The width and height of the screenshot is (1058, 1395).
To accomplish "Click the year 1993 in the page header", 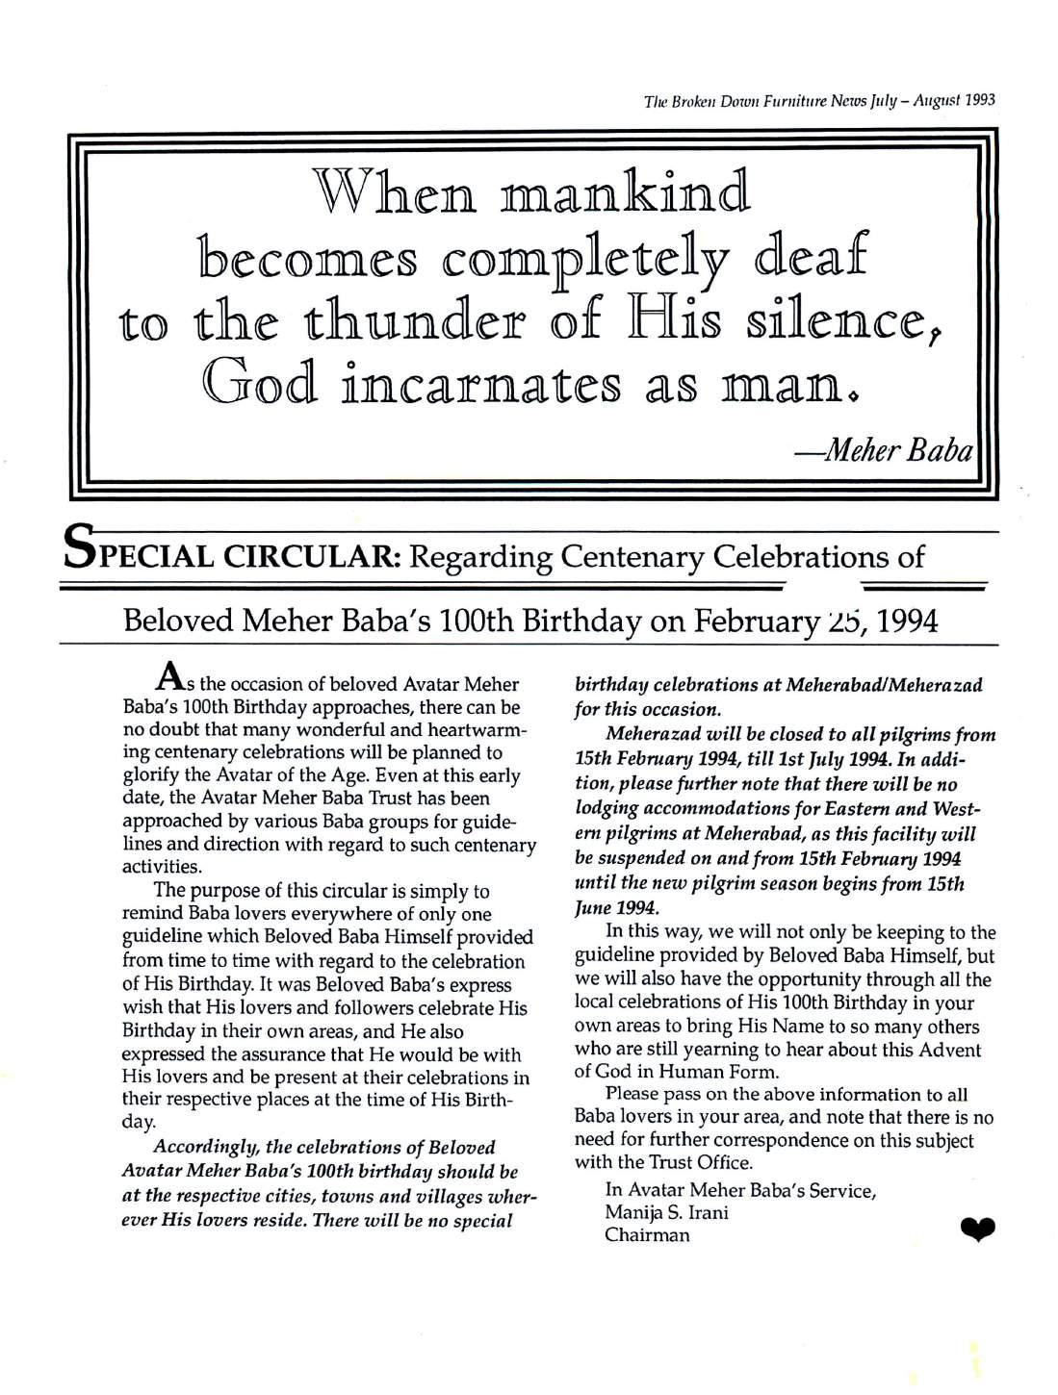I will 977,98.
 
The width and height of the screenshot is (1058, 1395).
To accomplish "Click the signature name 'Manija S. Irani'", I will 665,1212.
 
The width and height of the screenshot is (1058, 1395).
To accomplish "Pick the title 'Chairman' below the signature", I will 647,1235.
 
